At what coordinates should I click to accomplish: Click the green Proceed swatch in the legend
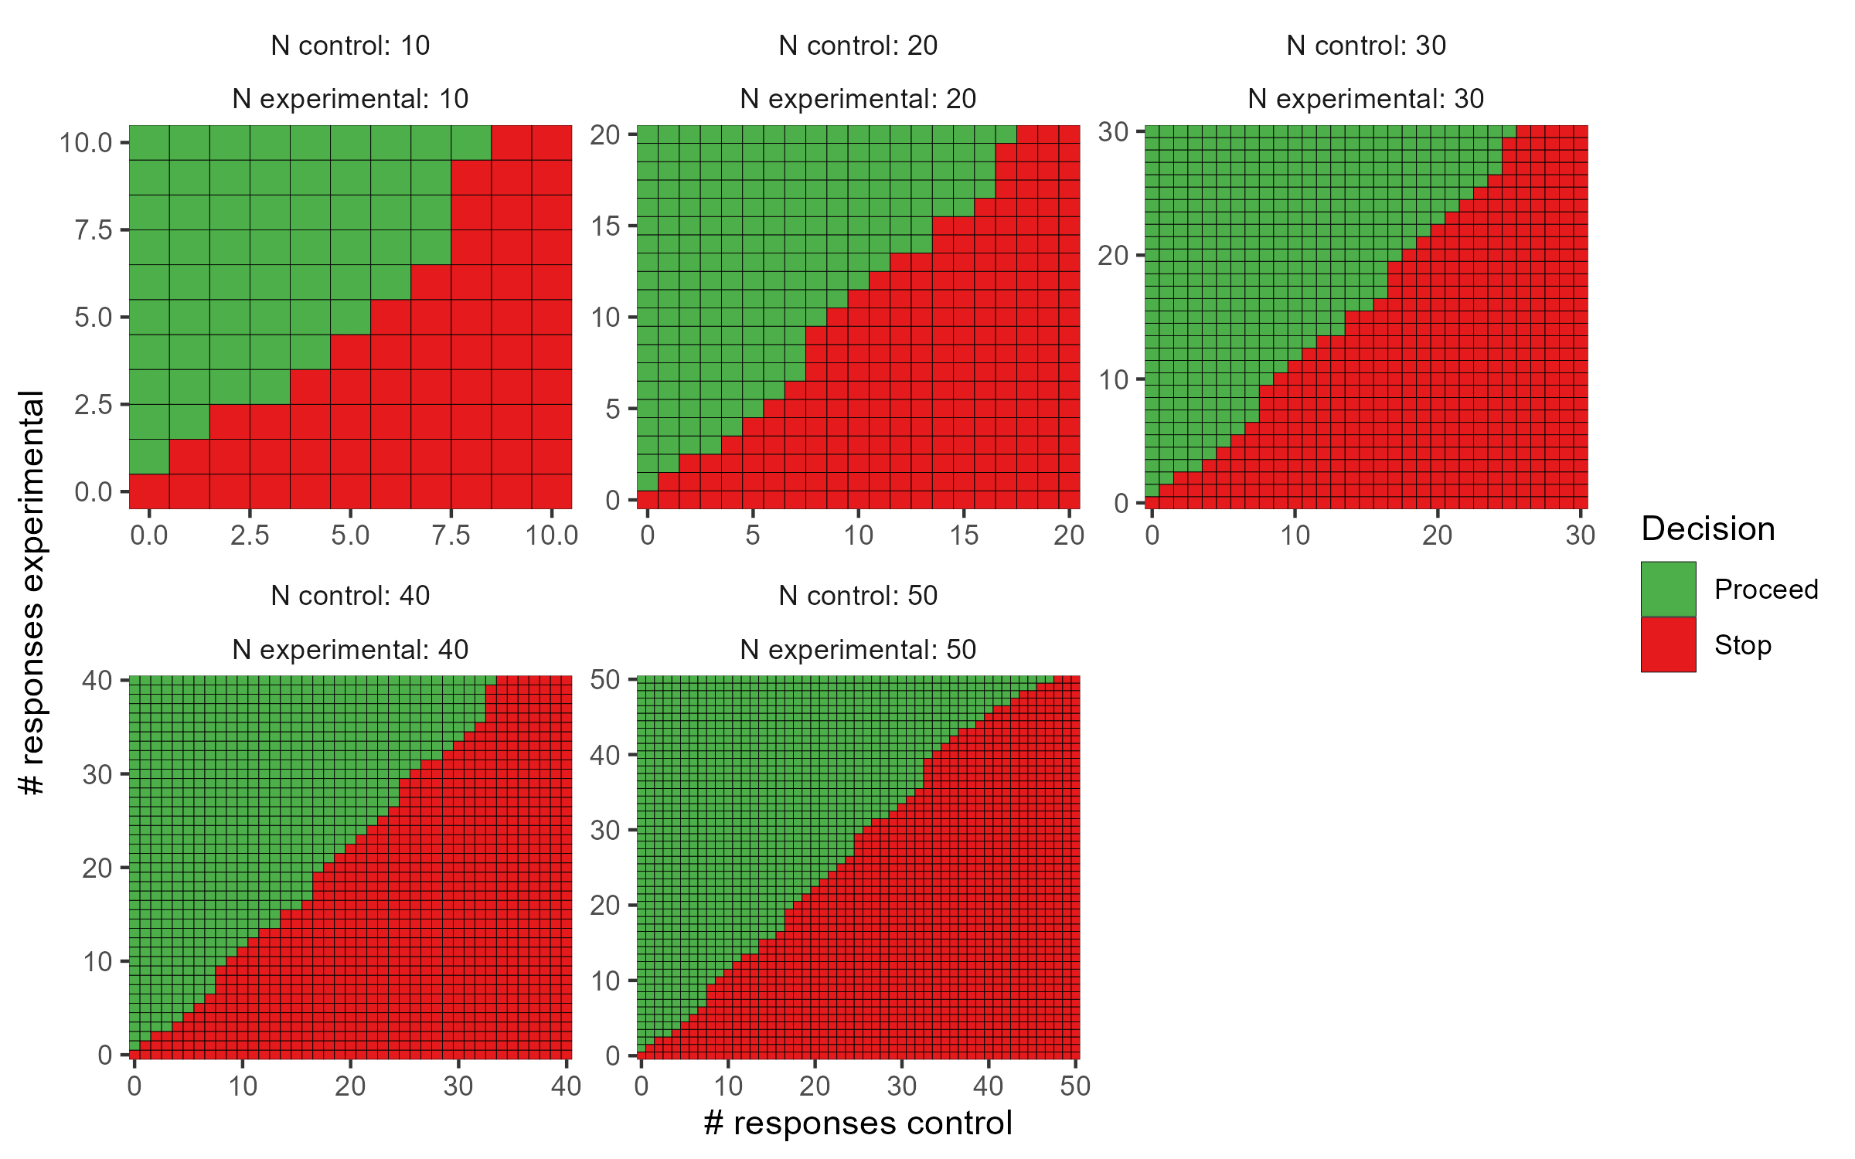1668,589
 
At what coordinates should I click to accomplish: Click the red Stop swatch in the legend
1668,644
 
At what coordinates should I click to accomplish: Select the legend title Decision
1707,529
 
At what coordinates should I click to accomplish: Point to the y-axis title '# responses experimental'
32,593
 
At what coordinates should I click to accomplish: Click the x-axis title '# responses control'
857,1123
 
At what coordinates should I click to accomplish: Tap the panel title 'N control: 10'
350,46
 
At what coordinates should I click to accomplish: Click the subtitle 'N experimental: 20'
858,99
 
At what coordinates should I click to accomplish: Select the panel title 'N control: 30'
1366,46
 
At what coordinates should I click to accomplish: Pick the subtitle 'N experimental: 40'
350,650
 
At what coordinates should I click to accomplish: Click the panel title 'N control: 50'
858,596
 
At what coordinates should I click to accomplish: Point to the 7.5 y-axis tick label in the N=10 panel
94,230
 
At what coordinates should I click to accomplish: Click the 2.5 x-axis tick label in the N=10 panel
250,535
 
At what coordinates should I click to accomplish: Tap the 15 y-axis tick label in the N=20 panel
605,226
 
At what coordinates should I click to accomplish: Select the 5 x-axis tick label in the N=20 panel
753,535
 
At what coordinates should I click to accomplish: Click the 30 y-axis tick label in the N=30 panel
1113,132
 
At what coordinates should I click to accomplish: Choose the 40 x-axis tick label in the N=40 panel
566,1086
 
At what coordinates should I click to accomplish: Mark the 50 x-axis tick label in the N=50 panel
1075,1086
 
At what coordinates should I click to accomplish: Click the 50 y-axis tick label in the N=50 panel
605,680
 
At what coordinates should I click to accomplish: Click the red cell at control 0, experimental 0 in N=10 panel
149,491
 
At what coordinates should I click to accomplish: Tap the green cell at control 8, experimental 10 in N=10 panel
471,143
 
